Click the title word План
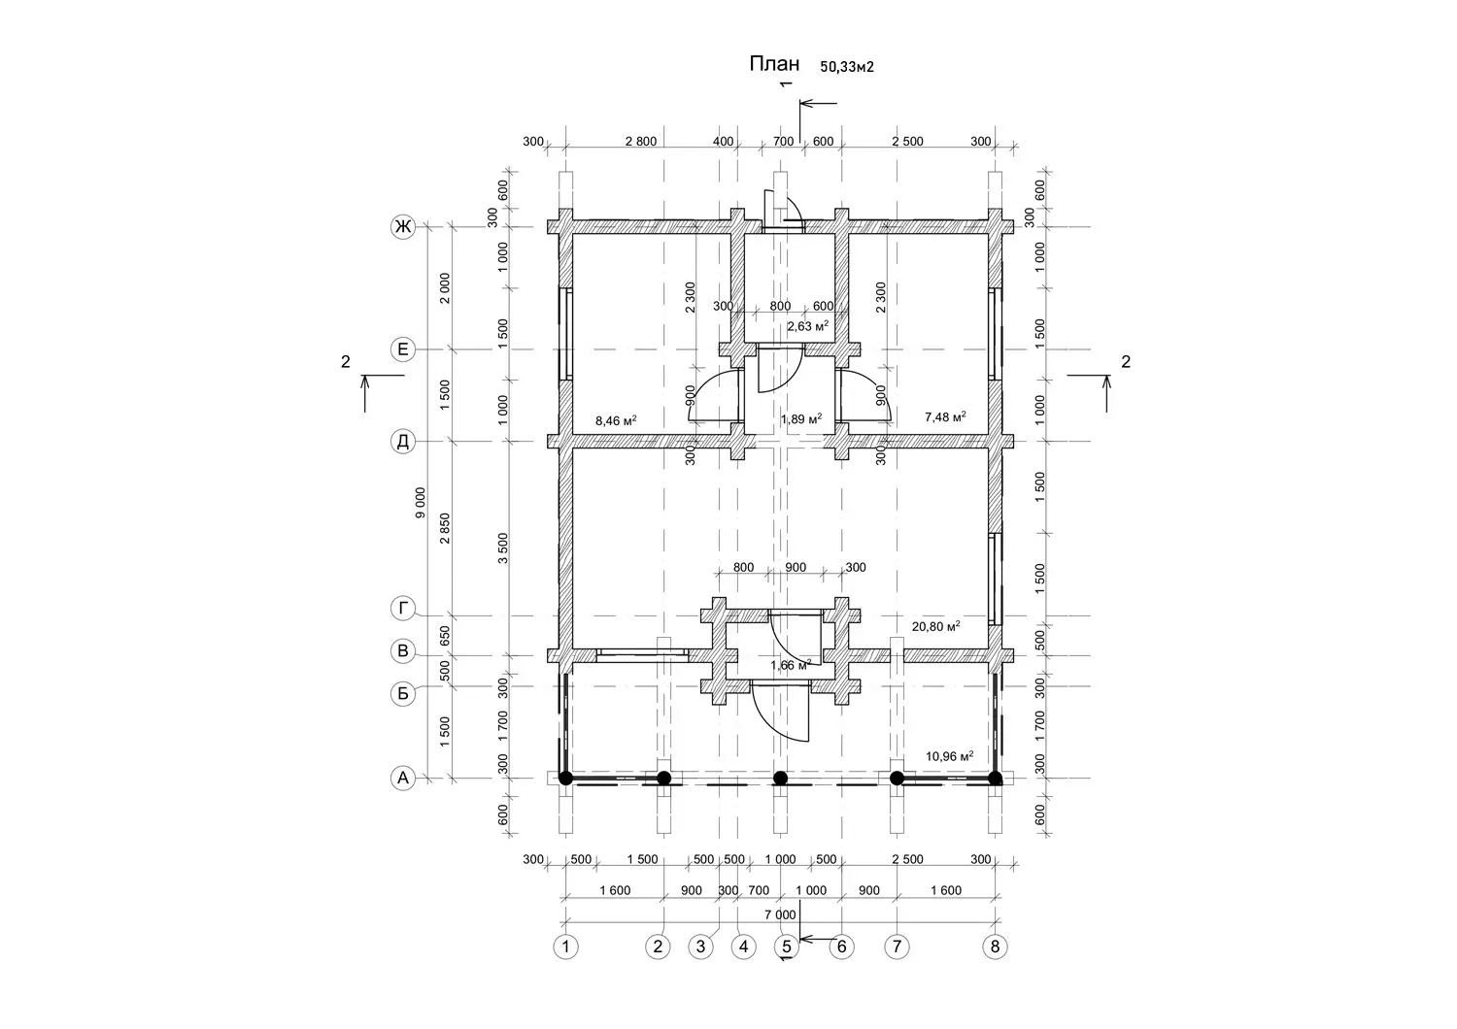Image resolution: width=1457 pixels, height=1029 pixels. pyautogui.click(x=774, y=64)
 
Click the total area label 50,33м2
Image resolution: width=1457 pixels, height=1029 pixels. pyautogui.click(x=847, y=67)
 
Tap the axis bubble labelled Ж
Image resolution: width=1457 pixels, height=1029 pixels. pyautogui.click(x=403, y=227)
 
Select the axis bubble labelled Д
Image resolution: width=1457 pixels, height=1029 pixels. pyautogui.click(x=403, y=442)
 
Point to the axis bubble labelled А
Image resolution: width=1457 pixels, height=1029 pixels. pyautogui.click(x=403, y=779)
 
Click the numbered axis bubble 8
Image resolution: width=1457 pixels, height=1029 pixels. pyautogui.click(x=996, y=947)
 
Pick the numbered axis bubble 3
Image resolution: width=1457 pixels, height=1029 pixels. pyautogui.click(x=700, y=947)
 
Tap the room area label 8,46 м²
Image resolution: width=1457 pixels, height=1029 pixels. pyautogui.click(x=616, y=420)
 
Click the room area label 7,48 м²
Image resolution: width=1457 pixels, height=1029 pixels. pyautogui.click(x=945, y=416)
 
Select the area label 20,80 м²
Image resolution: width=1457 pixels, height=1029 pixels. pyautogui.click(x=936, y=627)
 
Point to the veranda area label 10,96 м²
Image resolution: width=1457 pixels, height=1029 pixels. pyautogui.click(x=950, y=756)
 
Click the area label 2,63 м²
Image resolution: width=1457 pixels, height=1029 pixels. pyautogui.click(x=808, y=326)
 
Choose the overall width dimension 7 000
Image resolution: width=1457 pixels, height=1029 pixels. pyautogui.click(x=780, y=914)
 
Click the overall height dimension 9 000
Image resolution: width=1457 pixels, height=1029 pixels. pyautogui.click(x=421, y=503)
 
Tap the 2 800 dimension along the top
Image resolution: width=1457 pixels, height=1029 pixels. pyautogui.click(x=641, y=142)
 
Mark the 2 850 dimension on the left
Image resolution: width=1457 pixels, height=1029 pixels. pyautogui.click(x=445, y=528)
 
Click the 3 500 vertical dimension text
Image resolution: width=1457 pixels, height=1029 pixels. pyautogui.click(x=503, y=548)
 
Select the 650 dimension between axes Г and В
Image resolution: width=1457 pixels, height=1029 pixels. pyautogui.click(x=445, y=635)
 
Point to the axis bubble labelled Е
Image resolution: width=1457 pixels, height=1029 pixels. pyautogui.click(x=403, y=349)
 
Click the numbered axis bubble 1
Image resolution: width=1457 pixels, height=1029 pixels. pyautogui.click(x=566, y=947)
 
